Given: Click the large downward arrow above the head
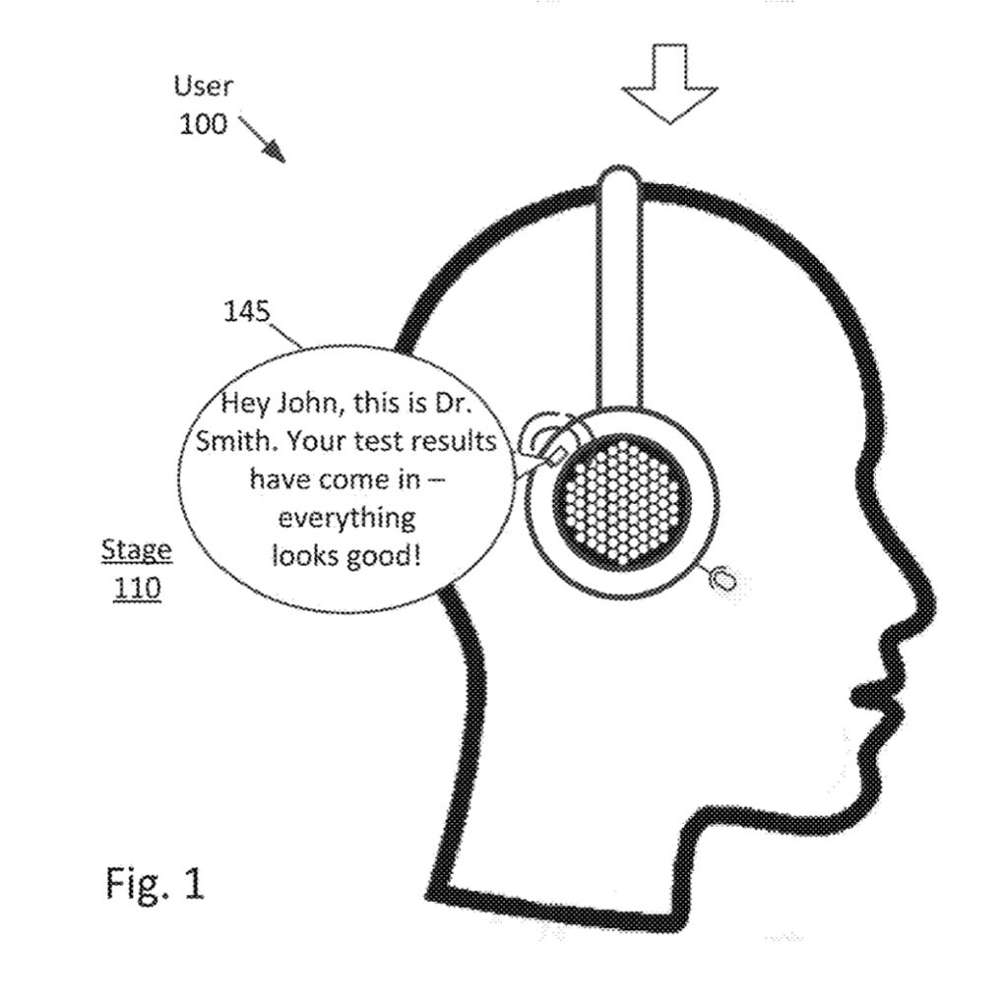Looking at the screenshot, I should [x=668, y=84].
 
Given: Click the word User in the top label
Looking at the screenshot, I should [x=204, y=87].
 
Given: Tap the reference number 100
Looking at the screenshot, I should [x=202, y=124].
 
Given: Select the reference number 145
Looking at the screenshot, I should [x=246, y=312].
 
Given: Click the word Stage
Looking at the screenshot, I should [x=137, y=550].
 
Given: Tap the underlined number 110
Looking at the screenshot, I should [x=137, y=589].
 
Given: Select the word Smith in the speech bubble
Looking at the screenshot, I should [x=232, y=441].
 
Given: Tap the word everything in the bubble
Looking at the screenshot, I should [x=346, y=518].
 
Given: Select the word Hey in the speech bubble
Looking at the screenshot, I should [x=242, y=404].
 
